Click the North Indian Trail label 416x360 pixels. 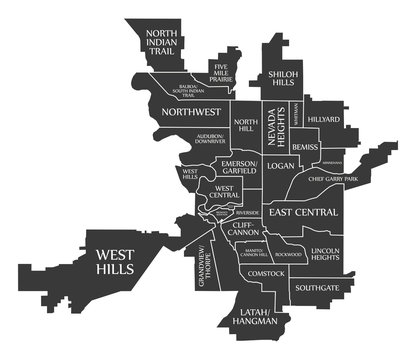click(163, 46)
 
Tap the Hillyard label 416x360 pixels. click(323, 119)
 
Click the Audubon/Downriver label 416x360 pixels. click(210, 139)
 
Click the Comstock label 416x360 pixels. click(267, 273)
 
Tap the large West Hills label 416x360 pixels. click(117, 263)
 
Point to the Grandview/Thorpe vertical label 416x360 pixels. click(204, 264)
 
